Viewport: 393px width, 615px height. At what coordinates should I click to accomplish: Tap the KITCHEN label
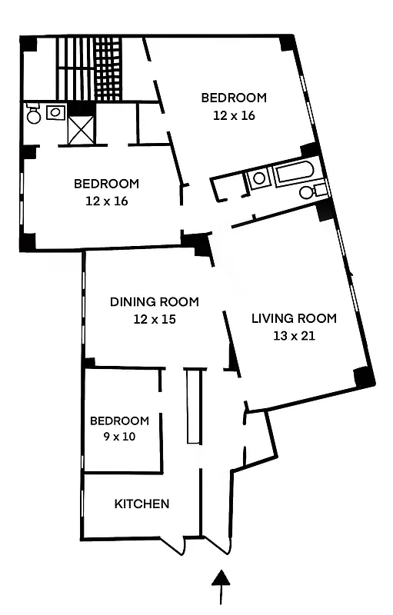point(142,504)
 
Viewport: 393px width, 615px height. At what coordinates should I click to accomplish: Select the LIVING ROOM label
point(294,318)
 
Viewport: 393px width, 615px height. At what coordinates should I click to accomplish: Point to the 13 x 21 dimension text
point(294,335)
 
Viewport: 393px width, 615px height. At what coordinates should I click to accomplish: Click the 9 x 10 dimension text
point(119,437)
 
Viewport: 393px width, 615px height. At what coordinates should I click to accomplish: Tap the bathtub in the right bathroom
point(295,173)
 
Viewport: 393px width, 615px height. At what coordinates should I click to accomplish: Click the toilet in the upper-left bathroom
point(33,115)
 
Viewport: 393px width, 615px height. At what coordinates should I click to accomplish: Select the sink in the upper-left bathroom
point(55,113)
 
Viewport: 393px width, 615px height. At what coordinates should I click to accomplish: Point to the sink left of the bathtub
point(259,178)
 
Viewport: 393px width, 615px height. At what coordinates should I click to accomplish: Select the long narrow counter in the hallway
point(193,405)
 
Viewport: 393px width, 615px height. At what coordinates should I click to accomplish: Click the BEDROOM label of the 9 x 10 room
point(119,421)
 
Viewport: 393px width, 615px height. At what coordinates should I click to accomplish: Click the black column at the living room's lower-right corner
point(364,377)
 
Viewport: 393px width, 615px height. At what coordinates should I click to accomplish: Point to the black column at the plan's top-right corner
point(288,42)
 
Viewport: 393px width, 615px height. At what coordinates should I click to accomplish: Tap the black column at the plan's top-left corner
point(28,44)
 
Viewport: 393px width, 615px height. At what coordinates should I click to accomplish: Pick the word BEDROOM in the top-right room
point(234,98)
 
